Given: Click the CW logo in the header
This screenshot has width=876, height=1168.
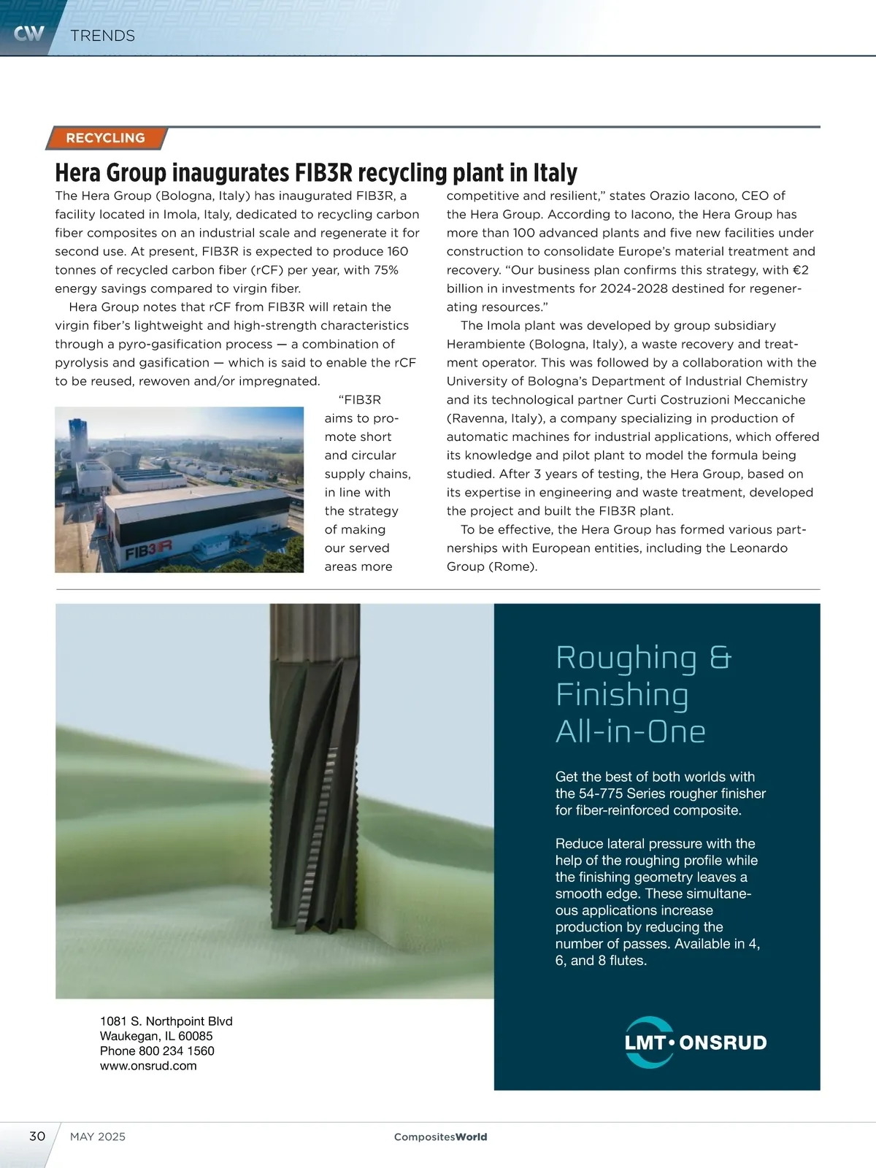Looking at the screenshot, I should pos(29,33).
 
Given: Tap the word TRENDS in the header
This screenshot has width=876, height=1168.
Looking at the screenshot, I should pos(103,36).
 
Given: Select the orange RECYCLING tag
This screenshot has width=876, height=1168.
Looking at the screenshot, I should pos(106,138).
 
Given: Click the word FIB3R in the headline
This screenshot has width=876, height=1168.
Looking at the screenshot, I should pos(323,173).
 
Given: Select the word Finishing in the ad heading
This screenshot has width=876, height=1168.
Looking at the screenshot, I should pos(622,694).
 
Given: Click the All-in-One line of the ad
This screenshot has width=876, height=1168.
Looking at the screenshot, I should pos(631,731).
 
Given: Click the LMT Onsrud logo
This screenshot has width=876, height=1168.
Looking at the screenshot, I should pos(695,1042).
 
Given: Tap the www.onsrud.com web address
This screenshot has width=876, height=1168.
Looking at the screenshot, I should pos(148,1066).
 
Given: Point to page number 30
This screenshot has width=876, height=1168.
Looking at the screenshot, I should pos(37,1136).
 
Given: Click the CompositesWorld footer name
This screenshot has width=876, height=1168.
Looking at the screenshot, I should pos(440,1137).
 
